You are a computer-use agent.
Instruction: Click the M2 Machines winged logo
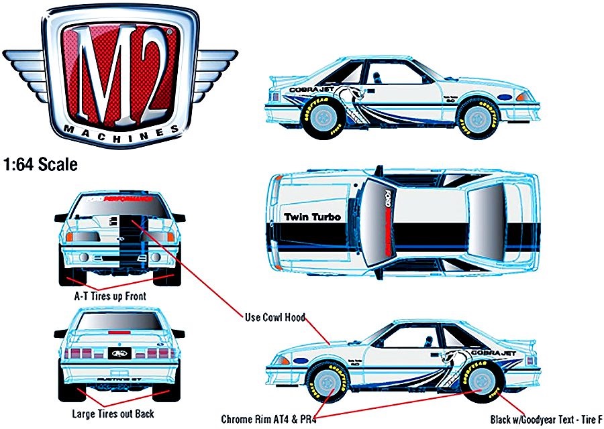tap(119, 74)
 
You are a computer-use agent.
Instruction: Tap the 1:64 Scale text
tap(40, 164)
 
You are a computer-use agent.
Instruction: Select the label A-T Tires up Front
tap(110, 295)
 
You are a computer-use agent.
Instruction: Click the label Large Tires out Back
tap(113, 414)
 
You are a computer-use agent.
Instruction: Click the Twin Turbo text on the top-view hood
tap(312, 217)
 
